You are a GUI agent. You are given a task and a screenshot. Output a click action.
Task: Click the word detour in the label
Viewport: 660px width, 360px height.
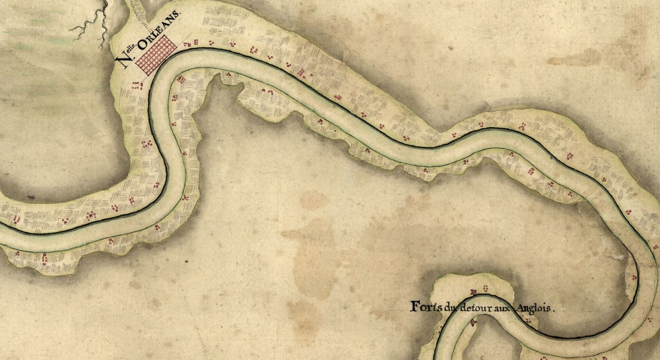474,308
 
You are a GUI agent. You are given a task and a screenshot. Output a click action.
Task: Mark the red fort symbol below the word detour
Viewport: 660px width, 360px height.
473,323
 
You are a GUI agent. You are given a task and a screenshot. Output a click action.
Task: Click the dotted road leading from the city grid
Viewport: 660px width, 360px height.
142,19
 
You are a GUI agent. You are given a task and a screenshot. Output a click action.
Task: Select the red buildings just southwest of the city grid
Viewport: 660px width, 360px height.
137,85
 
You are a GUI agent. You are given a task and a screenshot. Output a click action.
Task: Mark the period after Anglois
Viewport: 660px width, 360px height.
553,310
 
